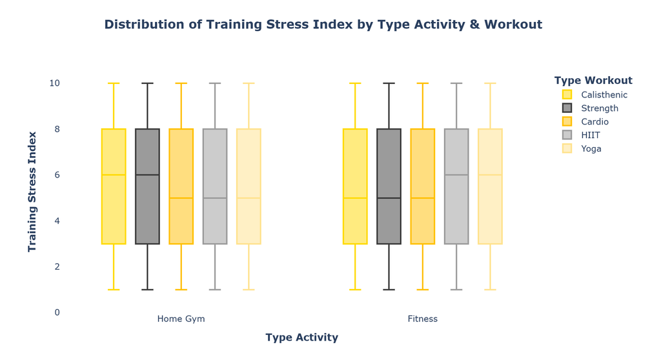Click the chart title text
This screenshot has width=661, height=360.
pyautogui.click(x=323, y=25)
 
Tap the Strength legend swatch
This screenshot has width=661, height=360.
pyautogui.click(x=567, y=108)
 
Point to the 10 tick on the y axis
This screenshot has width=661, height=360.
pyautogui.click(x=54, y=83)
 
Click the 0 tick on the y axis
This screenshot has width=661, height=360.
pyautogui.click(x=57, y=312)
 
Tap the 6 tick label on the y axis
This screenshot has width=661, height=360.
pyautogui.click(x=57, y=175)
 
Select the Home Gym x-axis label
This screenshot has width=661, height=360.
pyautogui.click(x=181, y=319)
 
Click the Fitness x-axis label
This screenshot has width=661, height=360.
pyautogui.click(x=422, y=319)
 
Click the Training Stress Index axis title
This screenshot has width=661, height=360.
pyautogui.click(x=32, y=192)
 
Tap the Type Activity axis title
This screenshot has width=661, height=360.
pyautogui.click(x=302, y=337)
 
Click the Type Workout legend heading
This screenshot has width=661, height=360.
pyautogui.click(x=593, y=81)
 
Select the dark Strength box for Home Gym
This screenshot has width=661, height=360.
pyautogui.click(x=148, y=186)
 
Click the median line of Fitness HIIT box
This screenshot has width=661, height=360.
pyautogui.click(x=456, y=175)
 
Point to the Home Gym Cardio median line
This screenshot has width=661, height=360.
pyautogui.click(x=181, y=197)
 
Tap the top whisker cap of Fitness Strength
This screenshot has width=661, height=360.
pyautogui.click(x=389, y=83)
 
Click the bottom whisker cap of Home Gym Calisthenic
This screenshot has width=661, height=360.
pyautogui.click(x=114, y=290)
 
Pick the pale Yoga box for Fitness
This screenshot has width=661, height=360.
pyautogui.click(x=491, y=186)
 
